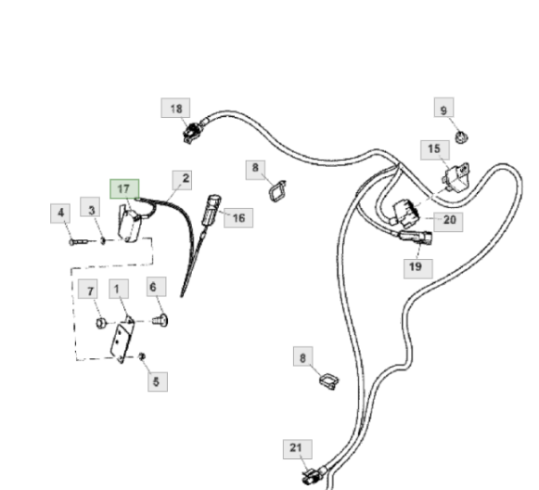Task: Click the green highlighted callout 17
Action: [x=124, y=188]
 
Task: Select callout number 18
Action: [x=175, y=108]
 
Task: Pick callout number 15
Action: [x=435, y=150]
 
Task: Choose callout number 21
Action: [x=298, y=449]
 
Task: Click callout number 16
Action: [x=238, y=218]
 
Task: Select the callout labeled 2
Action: [x=182, y=180]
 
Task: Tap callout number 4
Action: [x=60, y=213]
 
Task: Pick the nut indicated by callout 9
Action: [x=461, y=137]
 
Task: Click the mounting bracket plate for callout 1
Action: [x=122, y=340]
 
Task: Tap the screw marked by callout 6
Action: [x=160, y=320]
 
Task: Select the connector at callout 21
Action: [x=310, y=476]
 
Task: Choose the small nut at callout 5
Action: [x=142, y=356]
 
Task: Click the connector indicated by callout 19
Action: [x=416, y=238]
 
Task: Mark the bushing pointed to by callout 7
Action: [x=100, y=323]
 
